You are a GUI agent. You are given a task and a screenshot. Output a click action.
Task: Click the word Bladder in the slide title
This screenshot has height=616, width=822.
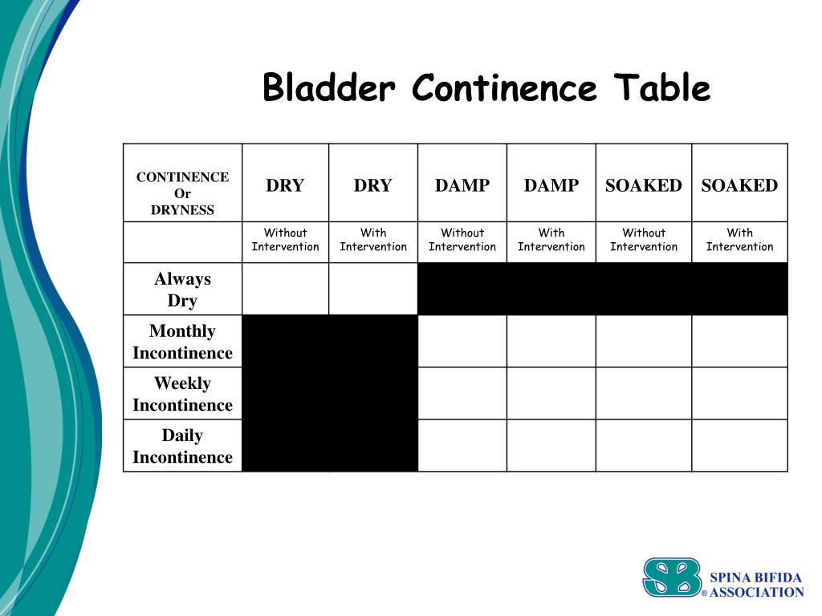(x=329, y=87)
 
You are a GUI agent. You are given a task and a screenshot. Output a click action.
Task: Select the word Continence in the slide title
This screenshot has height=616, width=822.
(x=504, y=87)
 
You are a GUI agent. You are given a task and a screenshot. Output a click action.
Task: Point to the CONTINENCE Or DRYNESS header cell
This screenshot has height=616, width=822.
(x=182, y=193)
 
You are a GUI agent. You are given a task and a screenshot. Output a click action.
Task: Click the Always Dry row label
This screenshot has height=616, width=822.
(x=182, y=290)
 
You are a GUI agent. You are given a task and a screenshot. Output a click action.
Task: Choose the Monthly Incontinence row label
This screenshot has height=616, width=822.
(x=182, y=342)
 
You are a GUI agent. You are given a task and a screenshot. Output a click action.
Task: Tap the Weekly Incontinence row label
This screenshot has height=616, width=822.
(x=182, y=394)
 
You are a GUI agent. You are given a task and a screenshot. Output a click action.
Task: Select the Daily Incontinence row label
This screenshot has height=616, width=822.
(x=182, y=446)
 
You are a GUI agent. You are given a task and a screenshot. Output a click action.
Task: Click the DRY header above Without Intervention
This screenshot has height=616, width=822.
(x=285, y=186)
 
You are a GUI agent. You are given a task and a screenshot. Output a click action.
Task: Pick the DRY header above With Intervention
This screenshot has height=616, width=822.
(x=373, y=186)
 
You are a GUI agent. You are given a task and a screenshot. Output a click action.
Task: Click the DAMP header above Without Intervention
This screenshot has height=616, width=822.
(x=462, y=186)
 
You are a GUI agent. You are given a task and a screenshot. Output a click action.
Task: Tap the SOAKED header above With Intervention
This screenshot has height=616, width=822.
(x=739, y=186)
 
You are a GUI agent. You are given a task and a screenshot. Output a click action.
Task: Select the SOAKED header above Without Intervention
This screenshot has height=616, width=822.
(x=644, y=186)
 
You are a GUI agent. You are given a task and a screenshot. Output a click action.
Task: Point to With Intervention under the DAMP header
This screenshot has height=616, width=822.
(x=551, y=240)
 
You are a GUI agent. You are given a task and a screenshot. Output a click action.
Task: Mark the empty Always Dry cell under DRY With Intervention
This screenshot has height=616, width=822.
(x=373, y=289)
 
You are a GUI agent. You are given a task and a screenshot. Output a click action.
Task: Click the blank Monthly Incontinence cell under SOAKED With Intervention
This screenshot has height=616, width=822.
(x=739, y=341)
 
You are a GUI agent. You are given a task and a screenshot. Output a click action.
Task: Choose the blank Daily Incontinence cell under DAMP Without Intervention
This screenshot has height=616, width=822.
(x=462, y=445)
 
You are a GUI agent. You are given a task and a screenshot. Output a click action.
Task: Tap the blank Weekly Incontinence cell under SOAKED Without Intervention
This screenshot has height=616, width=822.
(x=644, y=393)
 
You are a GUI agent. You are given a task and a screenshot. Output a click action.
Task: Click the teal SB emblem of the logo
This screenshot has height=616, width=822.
(x=672, y=577)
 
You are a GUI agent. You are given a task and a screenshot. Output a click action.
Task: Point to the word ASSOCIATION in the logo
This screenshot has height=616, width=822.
(x=756, y=593)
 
